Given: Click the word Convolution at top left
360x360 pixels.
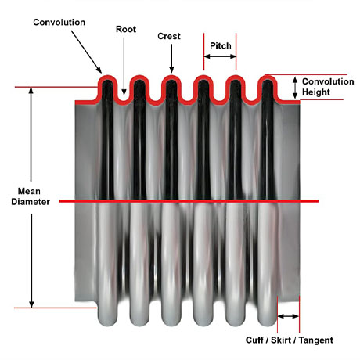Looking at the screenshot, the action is coord(59,23).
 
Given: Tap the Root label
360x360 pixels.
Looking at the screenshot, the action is coord(126,29).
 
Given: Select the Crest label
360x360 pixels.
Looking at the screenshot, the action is coord(169,36).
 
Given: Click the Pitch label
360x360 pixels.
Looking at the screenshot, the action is coord(221,46).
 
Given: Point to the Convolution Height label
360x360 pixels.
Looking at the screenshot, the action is coord(328,87).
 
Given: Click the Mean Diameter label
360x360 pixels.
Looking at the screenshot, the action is coord(31,196).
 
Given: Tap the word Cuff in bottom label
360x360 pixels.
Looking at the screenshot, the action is coord(254,340).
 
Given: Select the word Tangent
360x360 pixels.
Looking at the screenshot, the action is coord(315,340).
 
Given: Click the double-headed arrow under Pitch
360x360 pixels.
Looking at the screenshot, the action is coord(220,56).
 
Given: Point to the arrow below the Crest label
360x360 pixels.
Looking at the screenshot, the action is coord(171,59).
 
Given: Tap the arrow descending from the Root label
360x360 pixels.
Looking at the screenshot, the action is coord(124,67).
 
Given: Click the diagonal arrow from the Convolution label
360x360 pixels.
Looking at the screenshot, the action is coord(86,52).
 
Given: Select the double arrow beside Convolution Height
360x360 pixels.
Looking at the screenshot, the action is coord(295,88).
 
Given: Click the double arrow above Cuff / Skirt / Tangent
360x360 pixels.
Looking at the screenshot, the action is coord(288,316).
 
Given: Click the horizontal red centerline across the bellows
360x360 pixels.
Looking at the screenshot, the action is coord(189,201).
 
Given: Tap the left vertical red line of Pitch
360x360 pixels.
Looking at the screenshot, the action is coord(204,52).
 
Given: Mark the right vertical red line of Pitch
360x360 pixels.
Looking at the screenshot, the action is coord(236,52).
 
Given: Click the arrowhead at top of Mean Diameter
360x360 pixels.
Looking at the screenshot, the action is coord(31,90).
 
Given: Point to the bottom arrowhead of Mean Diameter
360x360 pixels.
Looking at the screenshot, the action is coord(31,304).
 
